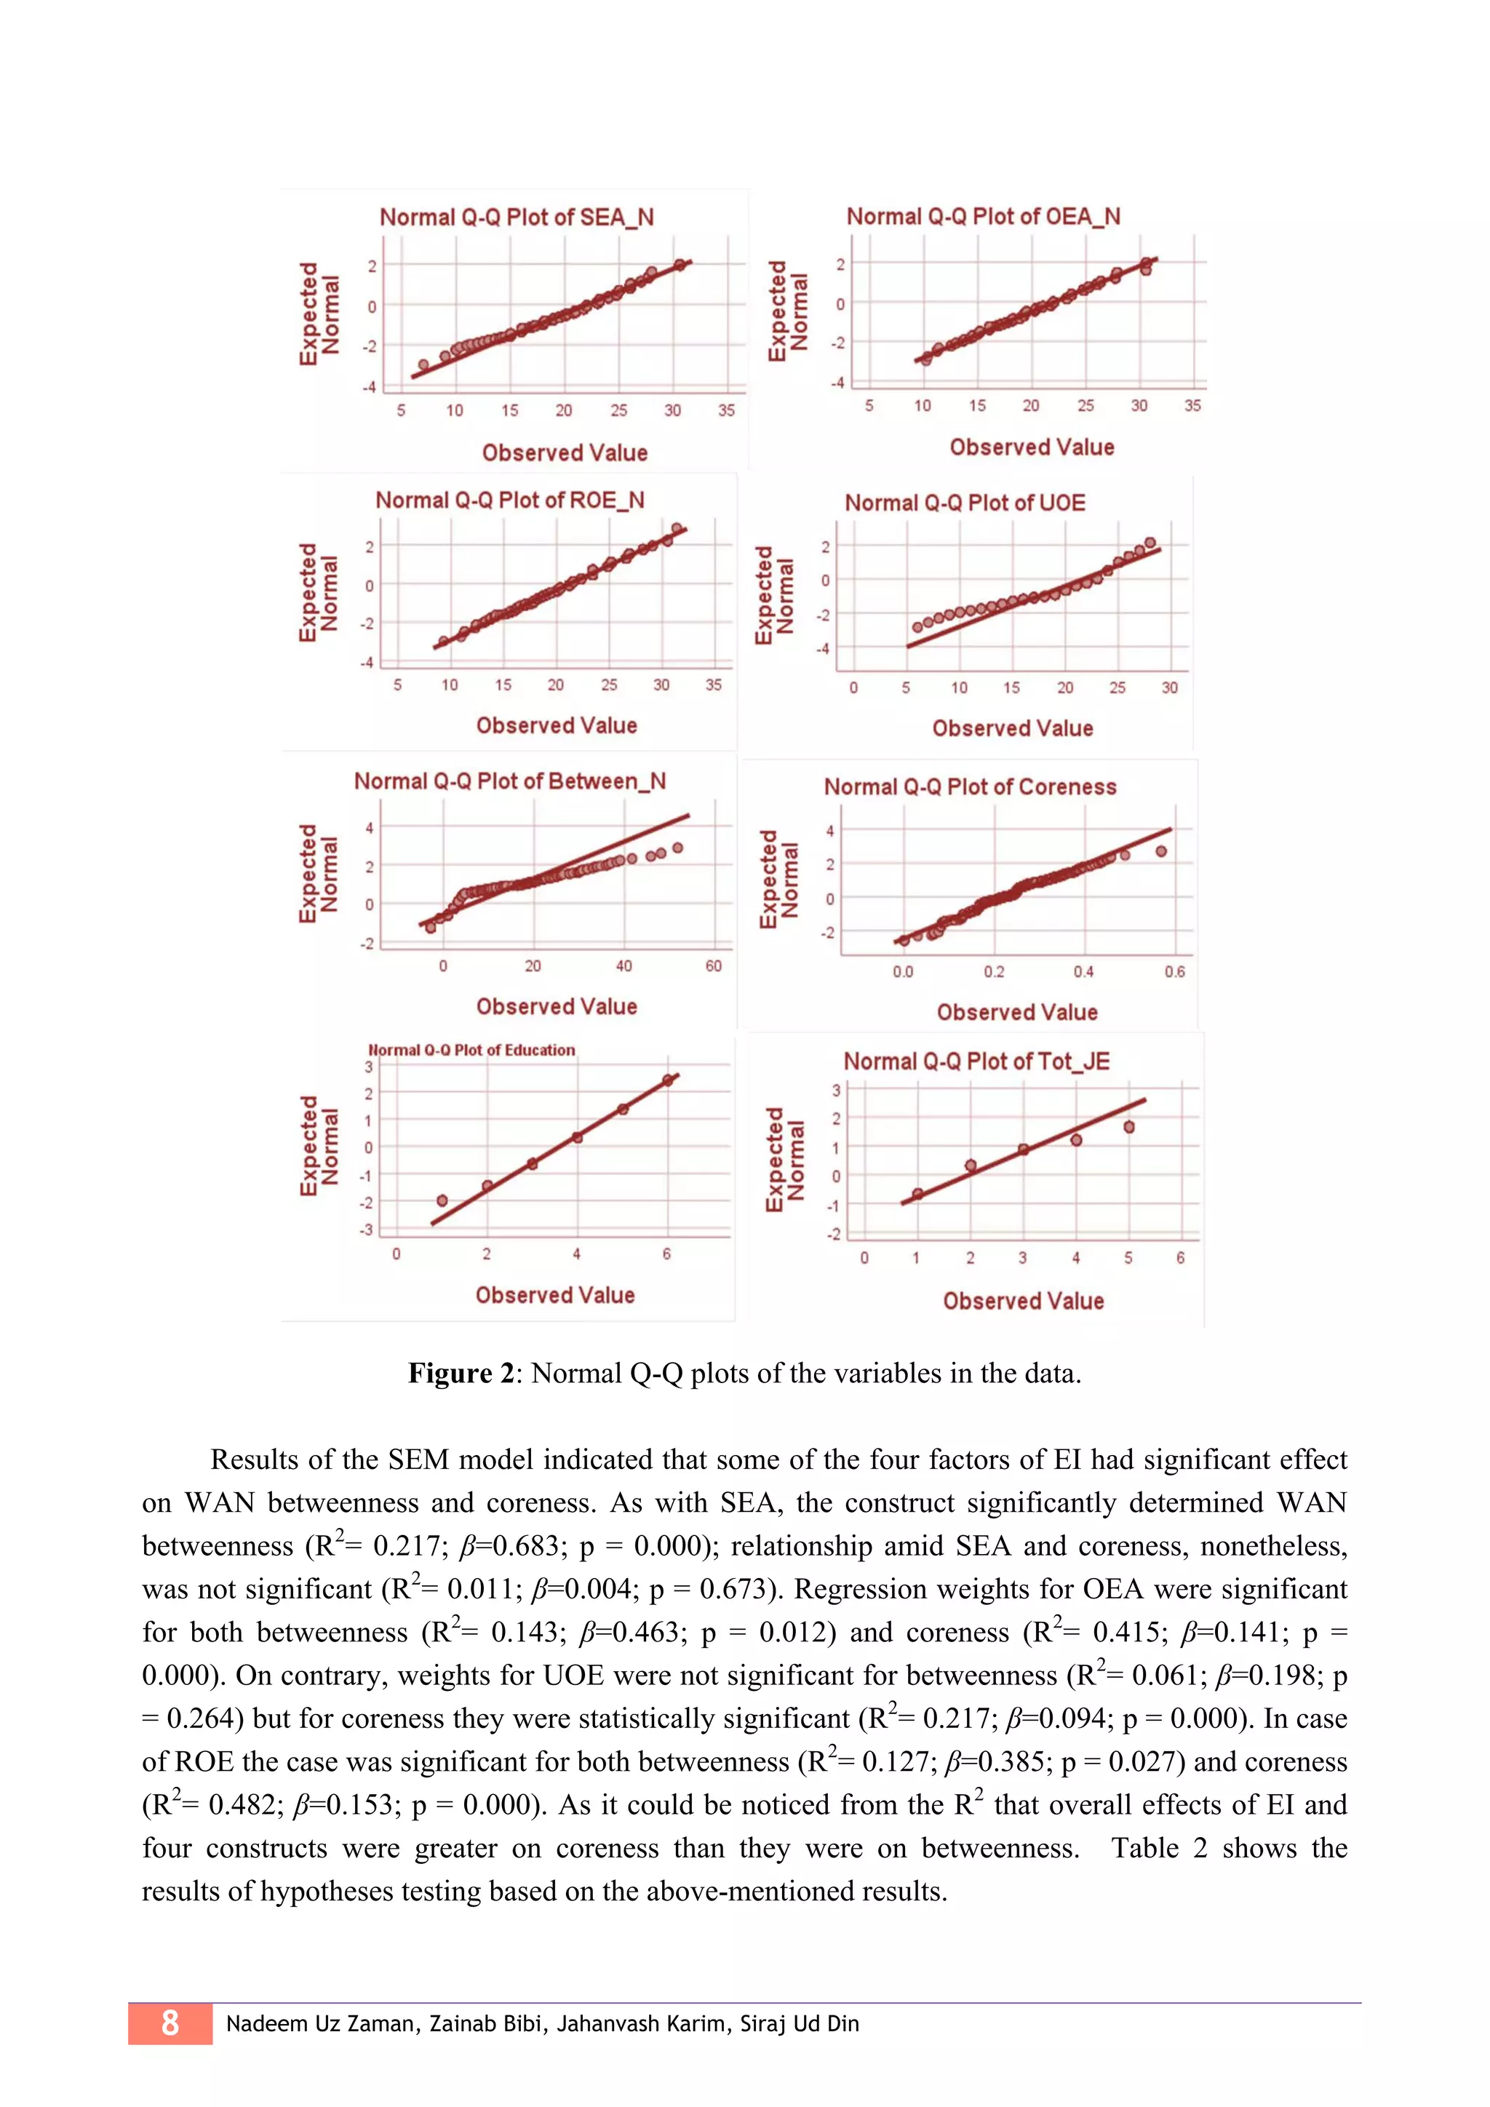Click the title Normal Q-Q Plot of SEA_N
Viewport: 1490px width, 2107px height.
[517, 218]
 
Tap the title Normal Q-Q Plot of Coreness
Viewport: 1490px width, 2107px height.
[970, 786]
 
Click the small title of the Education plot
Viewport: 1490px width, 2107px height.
[471, 1050]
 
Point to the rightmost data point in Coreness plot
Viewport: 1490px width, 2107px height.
[1160, 852]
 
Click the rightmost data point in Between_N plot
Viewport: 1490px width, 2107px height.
[677, 848]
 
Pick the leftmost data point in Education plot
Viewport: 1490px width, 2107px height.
[442, 1200]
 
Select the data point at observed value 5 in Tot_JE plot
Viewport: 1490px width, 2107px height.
[1128, 1127]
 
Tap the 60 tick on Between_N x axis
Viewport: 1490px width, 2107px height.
[713, 965]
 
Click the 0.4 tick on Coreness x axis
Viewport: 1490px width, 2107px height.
[1083, 972]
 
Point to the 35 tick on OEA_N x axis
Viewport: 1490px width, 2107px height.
[1192, 406]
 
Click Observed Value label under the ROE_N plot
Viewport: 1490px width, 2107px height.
[556, 726]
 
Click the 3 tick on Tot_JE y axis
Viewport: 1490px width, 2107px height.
[836, 1090]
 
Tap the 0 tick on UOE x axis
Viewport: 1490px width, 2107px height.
[853, 688]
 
